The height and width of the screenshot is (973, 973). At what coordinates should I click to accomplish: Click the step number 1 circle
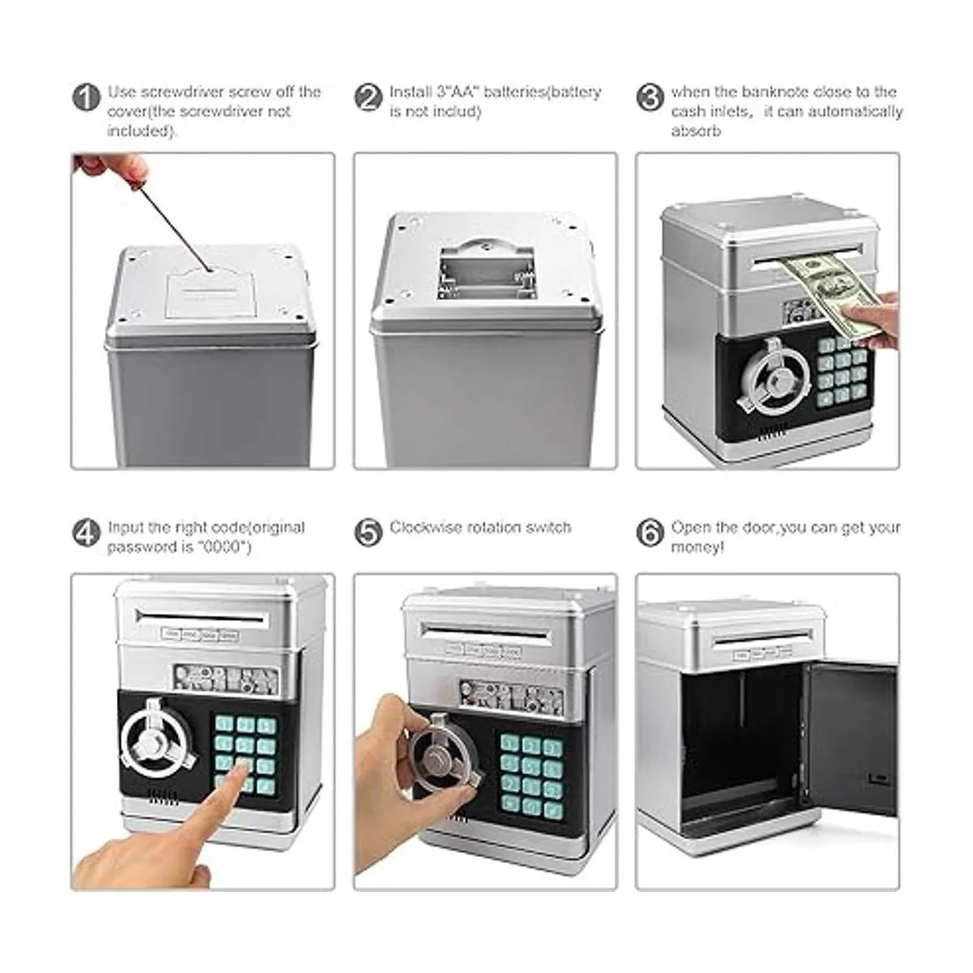86,97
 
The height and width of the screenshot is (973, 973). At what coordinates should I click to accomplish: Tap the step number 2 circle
368,97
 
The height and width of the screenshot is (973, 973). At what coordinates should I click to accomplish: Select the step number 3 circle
649,97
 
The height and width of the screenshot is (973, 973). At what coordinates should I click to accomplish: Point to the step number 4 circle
86,534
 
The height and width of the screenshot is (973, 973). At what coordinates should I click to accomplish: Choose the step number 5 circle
368,534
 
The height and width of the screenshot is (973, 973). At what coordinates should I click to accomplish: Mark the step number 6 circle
649,534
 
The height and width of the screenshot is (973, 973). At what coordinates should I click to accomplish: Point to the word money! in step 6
697,547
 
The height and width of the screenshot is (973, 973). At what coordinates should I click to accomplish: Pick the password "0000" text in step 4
223,547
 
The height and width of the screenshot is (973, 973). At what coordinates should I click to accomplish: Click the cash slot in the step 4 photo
201,615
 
